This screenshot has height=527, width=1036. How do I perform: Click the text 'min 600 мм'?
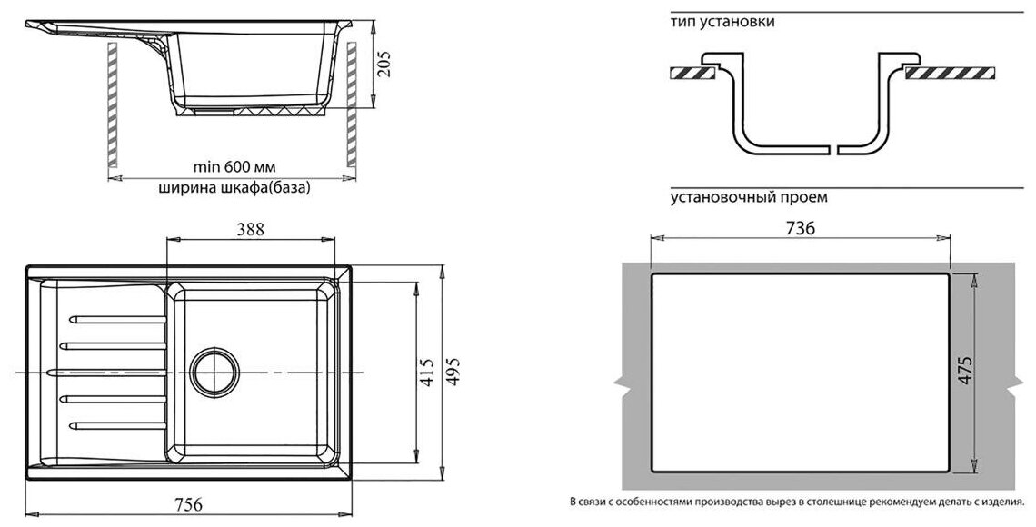click(x=234, y=167)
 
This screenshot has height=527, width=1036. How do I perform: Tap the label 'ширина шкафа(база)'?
click(x=234, y=189)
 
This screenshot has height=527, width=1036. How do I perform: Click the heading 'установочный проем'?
click(x=749, y=196)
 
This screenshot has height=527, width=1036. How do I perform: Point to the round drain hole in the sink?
click(x=215, y=370)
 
